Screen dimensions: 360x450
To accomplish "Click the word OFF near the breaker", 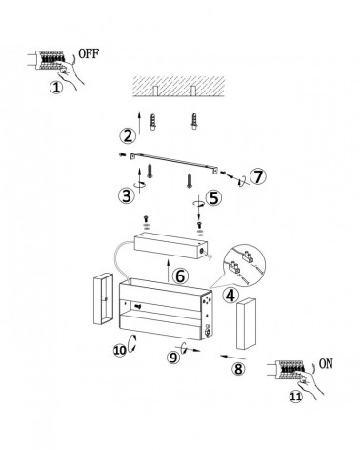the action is (89, 53).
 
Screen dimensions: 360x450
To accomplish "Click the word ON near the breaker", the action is (326, 363).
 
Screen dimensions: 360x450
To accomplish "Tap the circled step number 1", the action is (56, 87).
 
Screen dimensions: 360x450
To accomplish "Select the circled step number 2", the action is (128, 136).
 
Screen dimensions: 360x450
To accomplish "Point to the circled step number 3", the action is (127, 195).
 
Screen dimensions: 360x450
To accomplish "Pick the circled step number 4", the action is (230, 296).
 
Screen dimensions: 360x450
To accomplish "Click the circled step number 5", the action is (214, 197).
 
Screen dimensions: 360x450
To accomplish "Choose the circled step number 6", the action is (180, 276).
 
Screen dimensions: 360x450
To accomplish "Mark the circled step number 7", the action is (258, 176).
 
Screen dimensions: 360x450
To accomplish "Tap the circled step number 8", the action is (238, 369).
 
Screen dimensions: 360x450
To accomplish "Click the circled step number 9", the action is (173, 358).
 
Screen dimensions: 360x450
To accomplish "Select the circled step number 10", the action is (120, 350).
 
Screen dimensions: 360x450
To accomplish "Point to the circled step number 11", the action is (295, 397).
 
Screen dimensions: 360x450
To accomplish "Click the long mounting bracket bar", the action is (174, 162).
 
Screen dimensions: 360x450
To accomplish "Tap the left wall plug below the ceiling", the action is (153, 122).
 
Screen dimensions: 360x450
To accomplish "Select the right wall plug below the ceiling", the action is (193, 122).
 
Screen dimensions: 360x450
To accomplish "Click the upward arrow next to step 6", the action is (169, 271).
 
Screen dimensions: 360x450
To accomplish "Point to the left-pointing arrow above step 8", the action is (232, 358).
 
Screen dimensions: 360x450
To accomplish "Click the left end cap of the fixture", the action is (103, 298).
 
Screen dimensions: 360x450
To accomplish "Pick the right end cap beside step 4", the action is (247, 323).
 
